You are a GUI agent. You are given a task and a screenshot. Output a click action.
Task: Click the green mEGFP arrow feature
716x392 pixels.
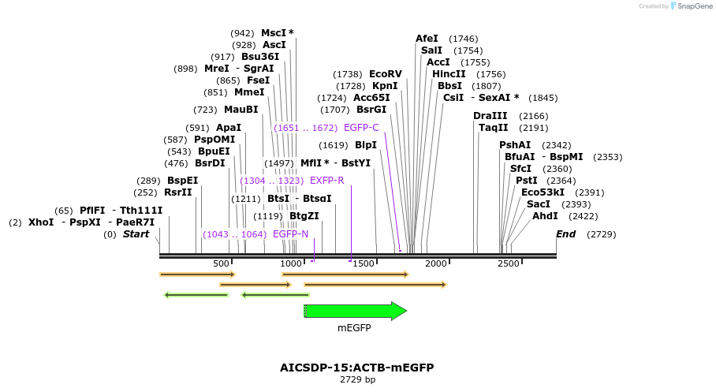[x=355, y=312]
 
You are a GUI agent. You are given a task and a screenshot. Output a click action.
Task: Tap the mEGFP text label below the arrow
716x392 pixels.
[x=354, y=328]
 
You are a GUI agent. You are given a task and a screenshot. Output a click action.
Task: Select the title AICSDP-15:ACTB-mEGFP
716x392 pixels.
[x=356, y=368]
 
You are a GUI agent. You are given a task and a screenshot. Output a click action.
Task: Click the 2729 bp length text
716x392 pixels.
[x=357, y=380]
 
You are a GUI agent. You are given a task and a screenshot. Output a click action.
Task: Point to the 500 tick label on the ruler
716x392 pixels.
[x=221, y=263]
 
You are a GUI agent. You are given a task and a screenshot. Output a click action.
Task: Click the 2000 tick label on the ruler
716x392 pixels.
[x=435, y=263]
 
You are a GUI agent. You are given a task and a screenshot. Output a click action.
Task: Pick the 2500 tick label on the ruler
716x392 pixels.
[x=509, y=263]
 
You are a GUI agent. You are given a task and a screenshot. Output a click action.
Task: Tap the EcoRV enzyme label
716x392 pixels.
[x=386, y=74]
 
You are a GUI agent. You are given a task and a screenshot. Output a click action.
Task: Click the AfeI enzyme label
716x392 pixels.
[x=427, y=39]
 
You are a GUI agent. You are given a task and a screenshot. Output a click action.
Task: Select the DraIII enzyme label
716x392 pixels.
[x=490, y=116]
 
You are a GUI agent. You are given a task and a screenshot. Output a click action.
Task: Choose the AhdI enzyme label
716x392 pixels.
[x=545, y=216]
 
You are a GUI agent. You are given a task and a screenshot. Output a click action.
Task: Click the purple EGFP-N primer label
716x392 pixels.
[x=290, y=234]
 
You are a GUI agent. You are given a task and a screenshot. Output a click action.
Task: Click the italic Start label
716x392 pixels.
[x=136, y=234]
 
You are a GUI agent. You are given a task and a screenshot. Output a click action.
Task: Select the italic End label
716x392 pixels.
[x=565, y=234]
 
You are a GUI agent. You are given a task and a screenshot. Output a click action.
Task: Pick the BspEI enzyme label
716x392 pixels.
[x=182, y=181]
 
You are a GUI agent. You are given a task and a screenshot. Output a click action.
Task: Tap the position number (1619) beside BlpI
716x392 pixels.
[x=334, y=145]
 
